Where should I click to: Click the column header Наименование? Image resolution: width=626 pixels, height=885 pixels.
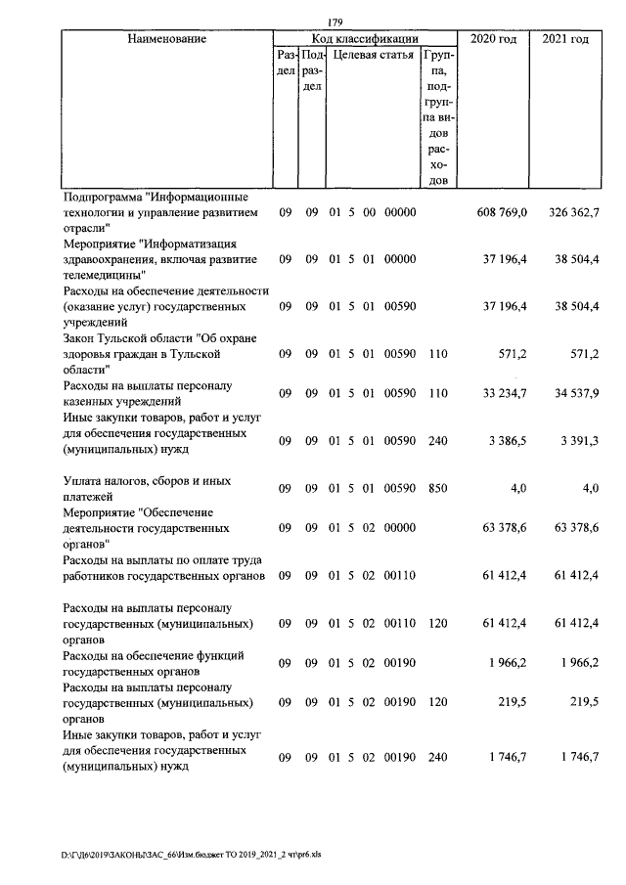[x=166, y=39]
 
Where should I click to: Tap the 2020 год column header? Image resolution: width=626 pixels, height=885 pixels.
[x=494, y=39]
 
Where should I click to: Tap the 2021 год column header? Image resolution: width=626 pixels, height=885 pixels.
[x=564, y=39]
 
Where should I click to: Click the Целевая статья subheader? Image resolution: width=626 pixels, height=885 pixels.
[x=373, y=57]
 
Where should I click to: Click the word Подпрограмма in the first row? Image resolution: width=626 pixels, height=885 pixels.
[x=99, y=198]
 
